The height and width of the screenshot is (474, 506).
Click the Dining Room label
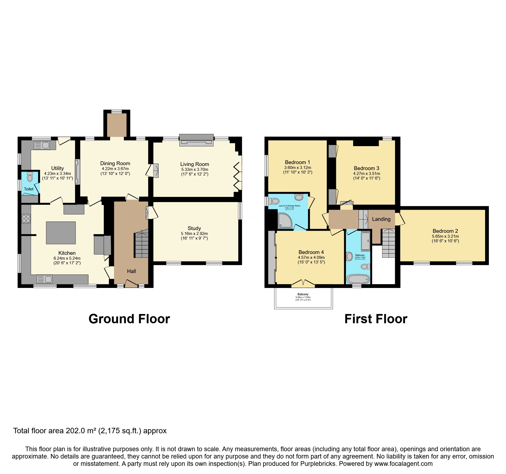[115, 164]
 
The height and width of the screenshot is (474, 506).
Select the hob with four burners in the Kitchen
[26, 219]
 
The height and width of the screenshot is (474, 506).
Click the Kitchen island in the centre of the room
[61, 233]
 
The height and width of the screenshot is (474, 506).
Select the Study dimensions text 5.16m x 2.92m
[194, 234]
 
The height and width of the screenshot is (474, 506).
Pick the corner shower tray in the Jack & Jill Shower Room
[285, 221]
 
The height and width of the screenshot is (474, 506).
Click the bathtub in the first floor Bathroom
[358, 279]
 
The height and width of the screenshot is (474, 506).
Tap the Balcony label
[303, 294]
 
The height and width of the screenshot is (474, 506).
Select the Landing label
[381, 219]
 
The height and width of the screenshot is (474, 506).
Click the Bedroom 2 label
[445, 231]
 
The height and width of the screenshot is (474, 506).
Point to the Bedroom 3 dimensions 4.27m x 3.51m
[367, 174]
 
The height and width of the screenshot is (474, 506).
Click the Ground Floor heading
[129, 319]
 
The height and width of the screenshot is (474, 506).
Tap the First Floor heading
[376, 319]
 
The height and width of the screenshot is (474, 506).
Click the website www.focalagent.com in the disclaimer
[403, 464]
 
